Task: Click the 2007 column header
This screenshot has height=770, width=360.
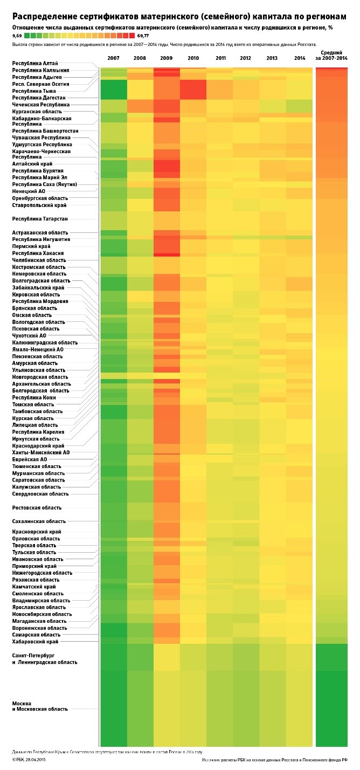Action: coord(113,58)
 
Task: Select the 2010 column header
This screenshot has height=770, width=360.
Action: coord(193,58)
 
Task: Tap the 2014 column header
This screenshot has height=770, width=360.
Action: coord(300,58)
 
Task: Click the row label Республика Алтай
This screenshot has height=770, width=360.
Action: coord(35,64)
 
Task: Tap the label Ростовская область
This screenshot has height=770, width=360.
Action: coord(37,508)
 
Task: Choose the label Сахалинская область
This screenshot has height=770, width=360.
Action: coord(39,521)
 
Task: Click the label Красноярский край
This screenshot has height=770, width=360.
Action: coord(37,532)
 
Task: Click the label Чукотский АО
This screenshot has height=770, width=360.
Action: coord(29,335)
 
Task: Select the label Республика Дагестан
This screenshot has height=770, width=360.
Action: coord(39,98)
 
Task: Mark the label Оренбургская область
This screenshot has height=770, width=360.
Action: coord(40,198)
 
